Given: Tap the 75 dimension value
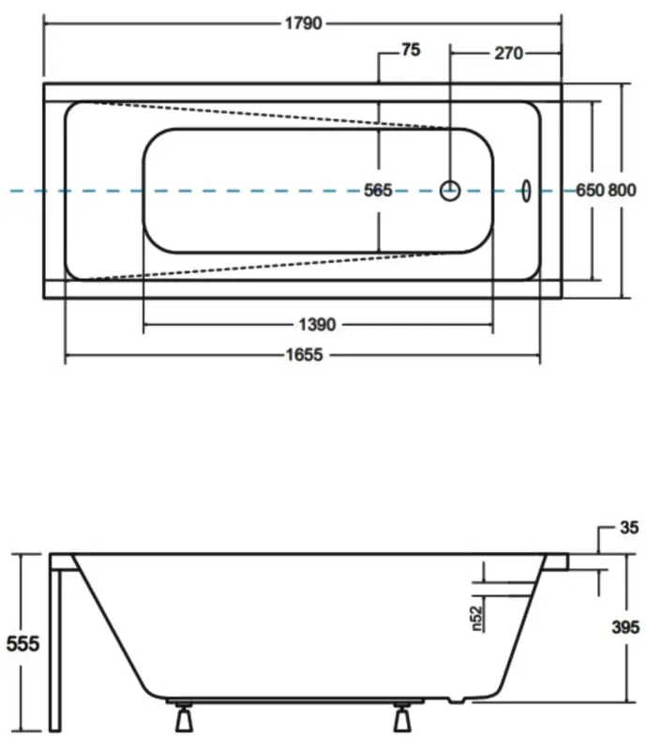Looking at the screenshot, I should (410, 53).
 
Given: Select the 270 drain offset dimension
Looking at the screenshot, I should (506, 53).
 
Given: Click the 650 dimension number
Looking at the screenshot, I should (588, 191).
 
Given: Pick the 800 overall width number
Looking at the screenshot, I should (622, 191).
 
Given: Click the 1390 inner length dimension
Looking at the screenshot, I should (317, 325).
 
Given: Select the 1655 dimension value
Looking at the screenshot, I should (304, 355).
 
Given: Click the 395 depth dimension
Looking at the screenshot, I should (623, 627).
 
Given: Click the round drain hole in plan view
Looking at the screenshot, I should (450, 191).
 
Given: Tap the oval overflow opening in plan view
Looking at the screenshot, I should (526, 191).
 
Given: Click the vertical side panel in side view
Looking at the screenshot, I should (57, 648).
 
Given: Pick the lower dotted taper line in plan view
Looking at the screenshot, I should (272, 265).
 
